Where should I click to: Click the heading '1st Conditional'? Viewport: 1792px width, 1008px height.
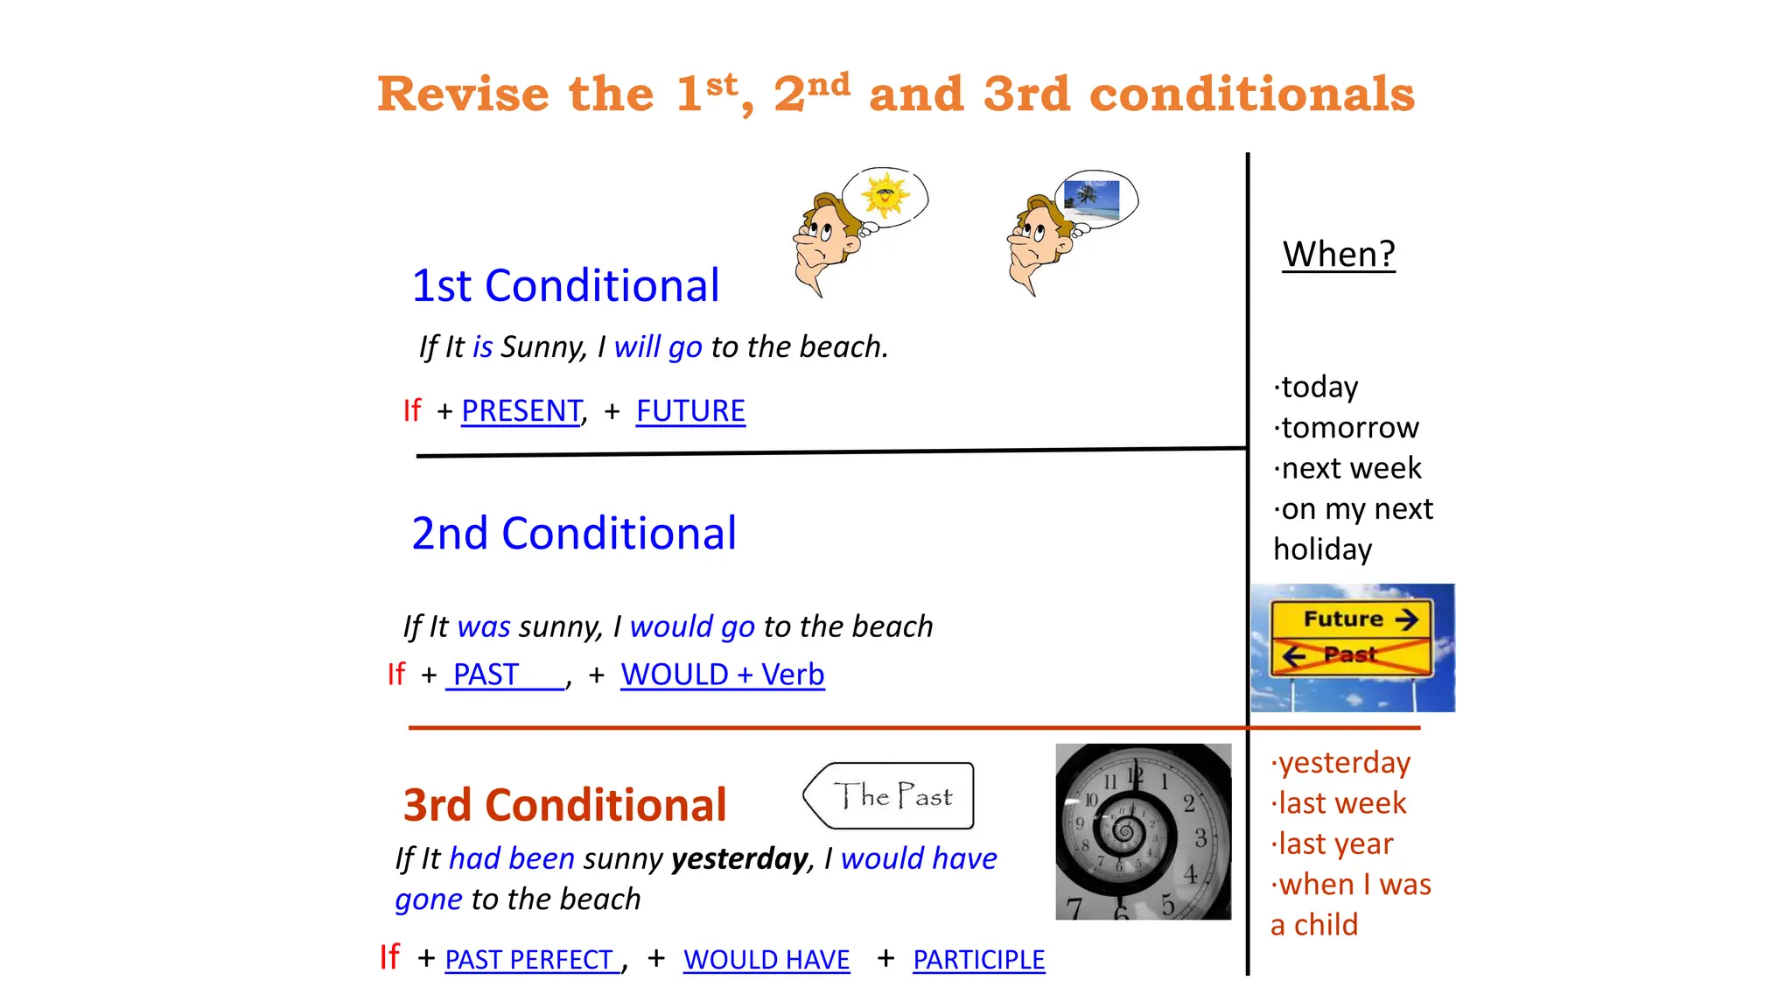point(565,286)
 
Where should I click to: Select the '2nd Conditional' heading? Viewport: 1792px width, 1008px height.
point(574,534)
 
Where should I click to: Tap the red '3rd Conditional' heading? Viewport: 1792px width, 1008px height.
point(564,805)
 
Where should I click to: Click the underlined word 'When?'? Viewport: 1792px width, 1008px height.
point(1339,255)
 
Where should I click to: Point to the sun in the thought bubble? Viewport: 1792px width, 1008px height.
point(885,194)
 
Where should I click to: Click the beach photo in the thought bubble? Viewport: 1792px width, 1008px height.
point(1092,200)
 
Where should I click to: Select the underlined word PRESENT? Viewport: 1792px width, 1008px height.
point(521,410)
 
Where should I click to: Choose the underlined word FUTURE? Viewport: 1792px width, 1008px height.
point(690,410)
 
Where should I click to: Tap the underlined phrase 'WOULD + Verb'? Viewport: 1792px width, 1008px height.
point(722,675)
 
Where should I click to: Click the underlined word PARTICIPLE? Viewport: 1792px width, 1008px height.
point(978,960)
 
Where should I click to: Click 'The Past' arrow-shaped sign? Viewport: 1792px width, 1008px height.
point(890,796)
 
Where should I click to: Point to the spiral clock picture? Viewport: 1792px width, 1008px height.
point(1143,831)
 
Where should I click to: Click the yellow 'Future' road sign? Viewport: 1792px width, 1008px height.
point(1351,619)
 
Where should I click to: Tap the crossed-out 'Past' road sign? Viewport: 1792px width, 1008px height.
point(1351,655)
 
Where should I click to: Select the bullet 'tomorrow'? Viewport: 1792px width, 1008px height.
point(1347,428)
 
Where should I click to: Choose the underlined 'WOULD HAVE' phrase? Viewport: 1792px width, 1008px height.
point(766,960)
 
